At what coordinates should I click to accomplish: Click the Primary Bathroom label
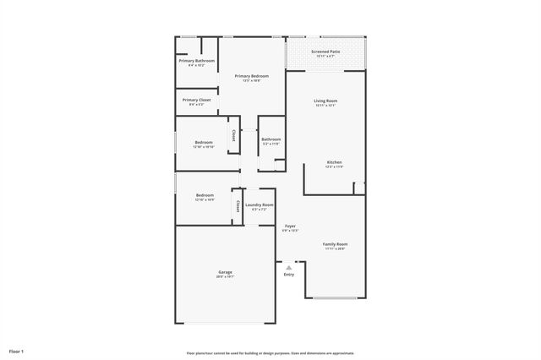[x=196, y=60]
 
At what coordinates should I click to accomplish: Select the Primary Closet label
[x=196, y=100]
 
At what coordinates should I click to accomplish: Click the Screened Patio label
[x=325, y=52]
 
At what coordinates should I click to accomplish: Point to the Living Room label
[x=325, y=101]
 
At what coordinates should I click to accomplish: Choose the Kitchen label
[x=335, y=161]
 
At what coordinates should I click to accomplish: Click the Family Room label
[x=335, y=243]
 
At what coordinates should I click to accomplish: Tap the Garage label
[x=225, y=271]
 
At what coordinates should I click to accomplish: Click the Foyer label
[x=290, y=226]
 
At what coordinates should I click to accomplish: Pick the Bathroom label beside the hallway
[x=270, y=139]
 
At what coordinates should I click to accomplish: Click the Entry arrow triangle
[x=288, y=267]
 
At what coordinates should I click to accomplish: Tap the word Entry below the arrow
[x=289, y=275]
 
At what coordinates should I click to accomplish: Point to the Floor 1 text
[x=17, y=350]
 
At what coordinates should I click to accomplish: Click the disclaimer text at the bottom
[x=270, y=353]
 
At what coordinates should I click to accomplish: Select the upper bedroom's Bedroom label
[x=204, y=142]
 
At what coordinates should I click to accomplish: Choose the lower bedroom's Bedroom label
[x=205, y=195]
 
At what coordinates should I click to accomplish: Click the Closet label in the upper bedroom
[x=233, y=134]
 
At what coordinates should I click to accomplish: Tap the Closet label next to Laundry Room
[x=238, y=205]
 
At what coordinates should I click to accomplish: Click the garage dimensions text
[x=225, y=276]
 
